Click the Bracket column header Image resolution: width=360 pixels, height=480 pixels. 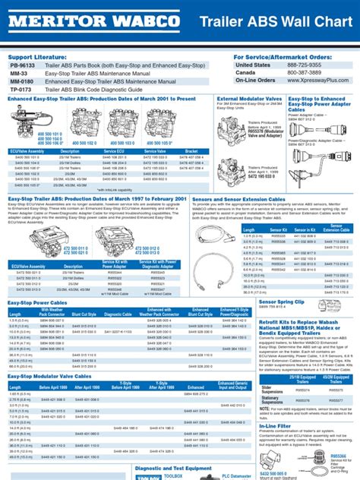click(x=191, y=130)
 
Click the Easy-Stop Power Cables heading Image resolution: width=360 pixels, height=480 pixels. click(x=37, y=281)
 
